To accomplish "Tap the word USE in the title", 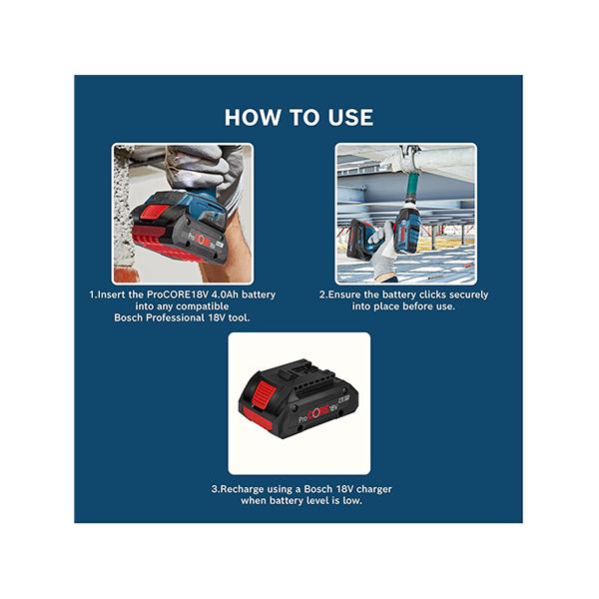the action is (x=350, y=117).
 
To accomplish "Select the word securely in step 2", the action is (x=469, y=296).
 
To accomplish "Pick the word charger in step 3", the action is (x=374, y=489).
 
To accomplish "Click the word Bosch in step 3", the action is (x=318, y=489).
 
